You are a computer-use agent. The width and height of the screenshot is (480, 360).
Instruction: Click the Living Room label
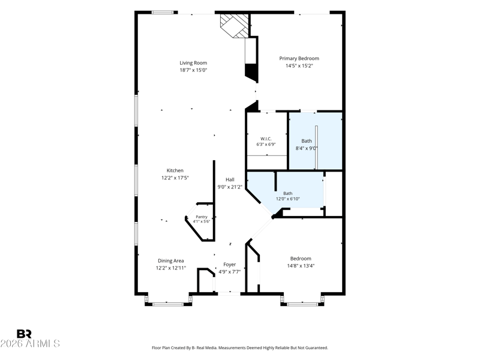click(193, 63)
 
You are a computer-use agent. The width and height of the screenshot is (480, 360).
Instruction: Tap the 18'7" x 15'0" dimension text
click(193, 70)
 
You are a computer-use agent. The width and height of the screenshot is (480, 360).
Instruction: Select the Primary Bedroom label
click(299, 58)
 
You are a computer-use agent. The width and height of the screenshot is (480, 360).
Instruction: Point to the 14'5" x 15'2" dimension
click(299, 65)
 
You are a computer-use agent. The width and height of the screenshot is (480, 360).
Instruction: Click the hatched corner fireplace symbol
click(235, 25)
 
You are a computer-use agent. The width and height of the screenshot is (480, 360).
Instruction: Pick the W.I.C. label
click(266, 139)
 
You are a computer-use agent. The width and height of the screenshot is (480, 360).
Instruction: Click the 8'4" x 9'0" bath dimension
click(307, 148)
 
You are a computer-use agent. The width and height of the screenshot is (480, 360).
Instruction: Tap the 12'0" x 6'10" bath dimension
click(288, 199)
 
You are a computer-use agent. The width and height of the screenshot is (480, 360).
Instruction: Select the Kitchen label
click(175, 170)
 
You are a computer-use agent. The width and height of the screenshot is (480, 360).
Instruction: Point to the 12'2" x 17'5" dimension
click(175, 178)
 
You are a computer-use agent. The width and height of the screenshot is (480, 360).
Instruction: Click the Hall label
click(230, 179)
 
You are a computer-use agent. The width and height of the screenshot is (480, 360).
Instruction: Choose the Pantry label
click(202, 217)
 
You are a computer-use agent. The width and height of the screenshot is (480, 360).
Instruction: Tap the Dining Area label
click(171, 261)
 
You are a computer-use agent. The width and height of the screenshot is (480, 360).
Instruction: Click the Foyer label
click(230, 265)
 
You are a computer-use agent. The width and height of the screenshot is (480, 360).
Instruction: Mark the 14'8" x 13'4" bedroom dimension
click(301, 266)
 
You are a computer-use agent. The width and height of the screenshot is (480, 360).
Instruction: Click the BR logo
click(24, 334)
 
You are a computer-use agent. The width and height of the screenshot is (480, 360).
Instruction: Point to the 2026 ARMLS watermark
click(30, 343)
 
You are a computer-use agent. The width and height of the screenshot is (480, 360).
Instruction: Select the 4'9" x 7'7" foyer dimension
click(230, 272)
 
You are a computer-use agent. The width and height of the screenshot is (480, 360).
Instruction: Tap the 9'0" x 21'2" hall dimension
click(230, 187)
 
